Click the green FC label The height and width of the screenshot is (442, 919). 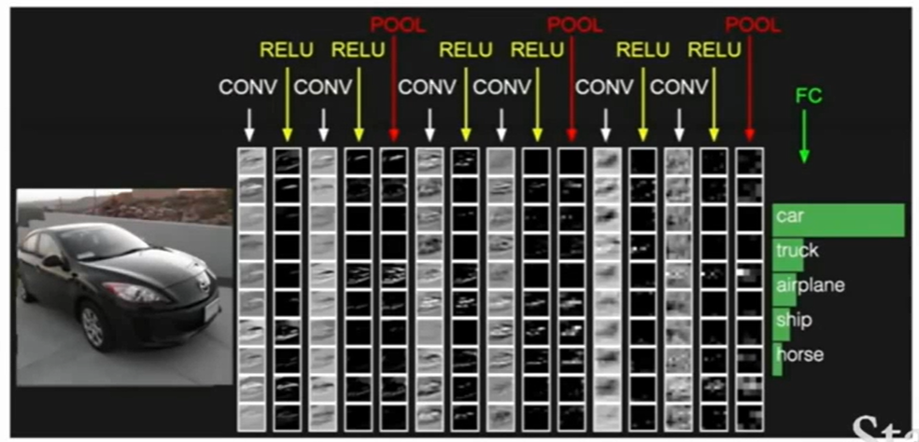809,95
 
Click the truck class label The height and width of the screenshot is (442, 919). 797,251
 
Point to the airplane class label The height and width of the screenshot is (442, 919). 809,285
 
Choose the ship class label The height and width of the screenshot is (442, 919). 792,320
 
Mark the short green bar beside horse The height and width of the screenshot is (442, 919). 777,360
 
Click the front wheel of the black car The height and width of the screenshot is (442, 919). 92,326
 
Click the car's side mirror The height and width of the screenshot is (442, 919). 52,261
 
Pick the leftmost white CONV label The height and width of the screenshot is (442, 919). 247,88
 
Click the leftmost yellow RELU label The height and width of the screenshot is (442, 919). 287,50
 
